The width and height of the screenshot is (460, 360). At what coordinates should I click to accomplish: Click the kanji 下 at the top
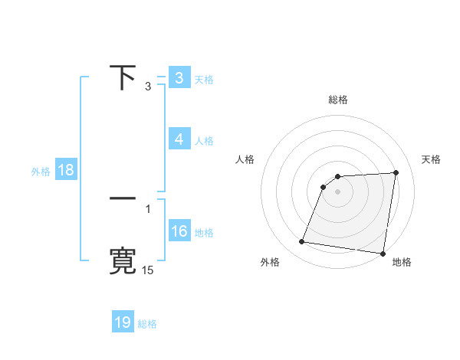(123, 77)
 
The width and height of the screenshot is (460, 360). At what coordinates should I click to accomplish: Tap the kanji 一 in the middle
(123, 198)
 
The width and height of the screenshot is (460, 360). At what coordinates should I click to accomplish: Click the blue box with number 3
(179, 78)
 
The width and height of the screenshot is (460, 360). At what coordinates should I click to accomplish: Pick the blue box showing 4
(179, 139)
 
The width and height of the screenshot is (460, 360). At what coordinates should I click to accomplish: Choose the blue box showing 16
(179, 231)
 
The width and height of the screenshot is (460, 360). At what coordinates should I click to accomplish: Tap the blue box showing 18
(66, 170)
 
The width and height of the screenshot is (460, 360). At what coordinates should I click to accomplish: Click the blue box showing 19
(123, 322)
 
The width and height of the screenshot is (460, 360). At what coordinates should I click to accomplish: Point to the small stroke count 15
(148, 270)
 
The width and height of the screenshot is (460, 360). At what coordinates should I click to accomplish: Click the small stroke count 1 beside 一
(148, 208)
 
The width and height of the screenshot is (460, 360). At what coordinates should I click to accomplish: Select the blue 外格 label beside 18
(41, 172)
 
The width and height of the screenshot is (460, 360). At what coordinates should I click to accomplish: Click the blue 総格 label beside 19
(147, 324)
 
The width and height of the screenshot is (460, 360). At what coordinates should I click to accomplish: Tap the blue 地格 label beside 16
(204, 233)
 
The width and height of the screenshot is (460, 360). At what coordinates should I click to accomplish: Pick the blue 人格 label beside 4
(204, 141)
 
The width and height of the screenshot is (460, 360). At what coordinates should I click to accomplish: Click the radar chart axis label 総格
(338, 100)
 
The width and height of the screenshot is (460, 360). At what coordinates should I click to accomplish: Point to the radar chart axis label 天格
(432, 159)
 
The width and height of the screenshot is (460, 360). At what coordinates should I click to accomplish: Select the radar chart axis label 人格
(245, 159)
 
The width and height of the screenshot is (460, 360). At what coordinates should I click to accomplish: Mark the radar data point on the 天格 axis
(396, 172)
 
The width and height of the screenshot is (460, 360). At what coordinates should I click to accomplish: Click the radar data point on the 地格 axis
(383, 254)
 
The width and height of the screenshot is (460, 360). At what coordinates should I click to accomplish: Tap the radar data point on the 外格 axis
(302, 242)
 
